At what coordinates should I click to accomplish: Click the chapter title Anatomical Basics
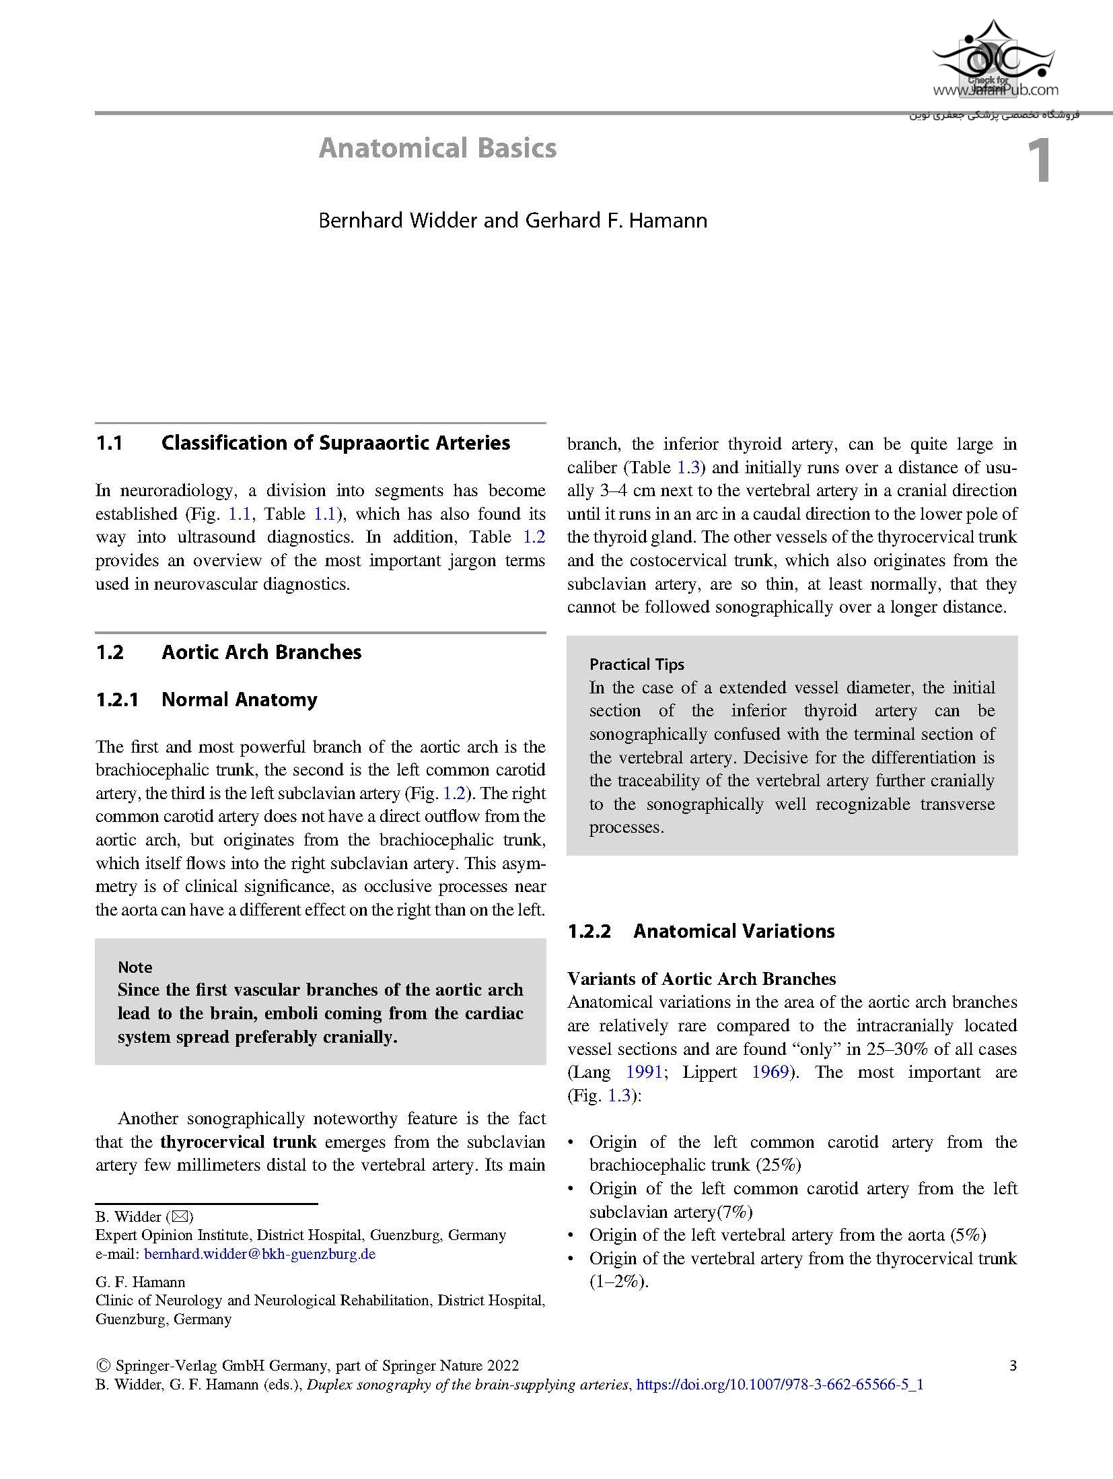[437, 148]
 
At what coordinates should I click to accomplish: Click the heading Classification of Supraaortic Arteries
[335, 443]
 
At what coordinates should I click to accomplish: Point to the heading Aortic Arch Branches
[261, 652]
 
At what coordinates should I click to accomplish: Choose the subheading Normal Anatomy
[239, 699]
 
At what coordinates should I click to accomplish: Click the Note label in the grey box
[135, 967]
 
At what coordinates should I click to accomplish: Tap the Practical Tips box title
[637, 664]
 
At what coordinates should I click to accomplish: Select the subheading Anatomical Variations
[733, 931]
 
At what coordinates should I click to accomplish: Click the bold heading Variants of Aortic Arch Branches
[701, 979]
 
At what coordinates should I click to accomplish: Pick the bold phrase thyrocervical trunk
[238, 1142]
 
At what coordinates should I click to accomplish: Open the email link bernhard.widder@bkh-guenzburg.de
[260, 1254]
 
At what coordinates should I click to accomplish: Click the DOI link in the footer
[779, 1385]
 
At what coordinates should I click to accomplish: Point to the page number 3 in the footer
[1013, 1365]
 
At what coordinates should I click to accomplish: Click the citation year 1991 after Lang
[644, 1072]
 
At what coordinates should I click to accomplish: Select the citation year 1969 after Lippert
[770, 1072]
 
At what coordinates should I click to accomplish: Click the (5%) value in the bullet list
[968, 1235]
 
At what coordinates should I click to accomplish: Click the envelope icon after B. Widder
[182, 1216]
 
